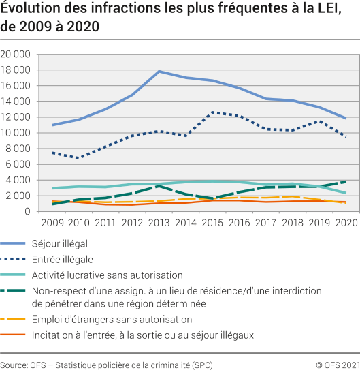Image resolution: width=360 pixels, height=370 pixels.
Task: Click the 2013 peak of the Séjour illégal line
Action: click(159, 71)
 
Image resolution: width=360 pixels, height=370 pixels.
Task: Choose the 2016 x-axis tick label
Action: click(239, 223)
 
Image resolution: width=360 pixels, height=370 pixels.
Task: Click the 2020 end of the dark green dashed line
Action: click(345, 182)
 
